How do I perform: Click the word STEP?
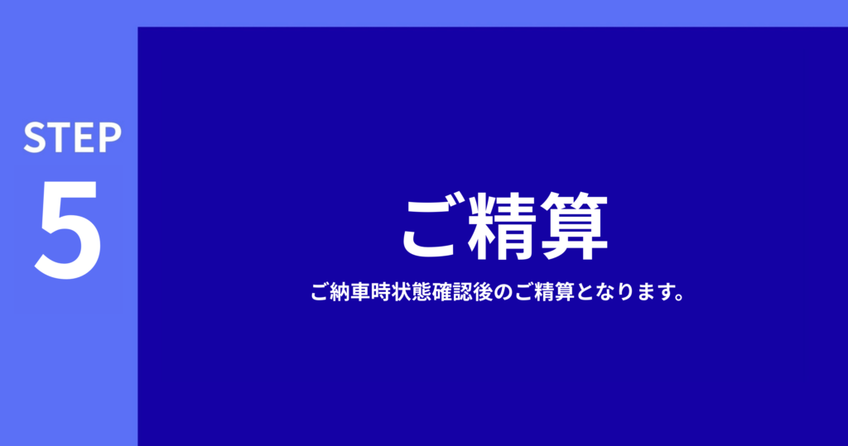73,137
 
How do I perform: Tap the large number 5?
69,229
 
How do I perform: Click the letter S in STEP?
35,137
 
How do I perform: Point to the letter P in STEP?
111,137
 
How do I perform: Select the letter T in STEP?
60,137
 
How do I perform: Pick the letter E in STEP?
85,137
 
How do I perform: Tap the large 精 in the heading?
501,227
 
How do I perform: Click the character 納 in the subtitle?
339,292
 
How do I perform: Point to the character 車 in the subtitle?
359,292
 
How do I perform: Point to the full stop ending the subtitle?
680,298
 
